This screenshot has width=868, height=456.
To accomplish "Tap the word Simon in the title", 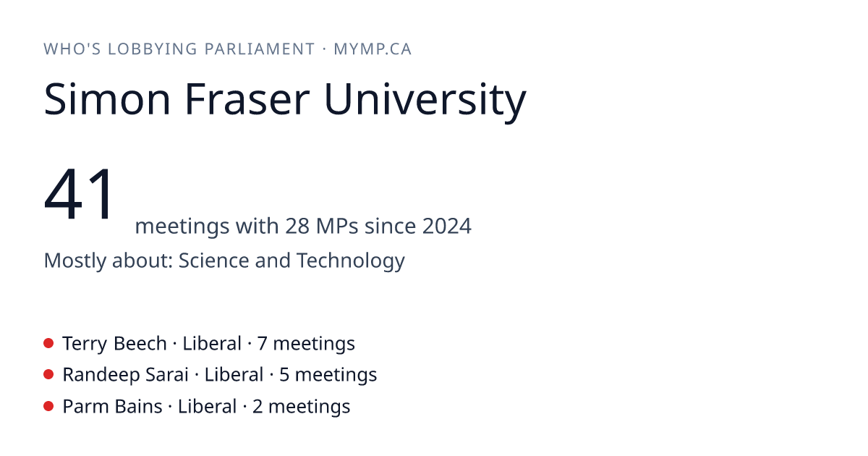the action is point(107,99).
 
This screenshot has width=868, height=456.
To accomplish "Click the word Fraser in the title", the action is point(247,99).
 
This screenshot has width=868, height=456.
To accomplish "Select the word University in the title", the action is point(425,101).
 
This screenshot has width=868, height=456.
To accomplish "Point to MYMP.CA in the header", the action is point(373,49).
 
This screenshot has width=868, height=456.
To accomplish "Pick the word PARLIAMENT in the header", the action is point(260,49).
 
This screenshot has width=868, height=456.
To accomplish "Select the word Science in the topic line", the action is point(213,260).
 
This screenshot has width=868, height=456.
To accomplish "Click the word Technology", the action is point(351,262).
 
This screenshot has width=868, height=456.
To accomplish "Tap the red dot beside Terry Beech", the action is point(48,343).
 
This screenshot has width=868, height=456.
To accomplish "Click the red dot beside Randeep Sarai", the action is point(48,375).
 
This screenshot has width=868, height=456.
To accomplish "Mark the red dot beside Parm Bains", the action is point(48,406).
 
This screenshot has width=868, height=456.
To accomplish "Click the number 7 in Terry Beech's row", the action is point(262,344).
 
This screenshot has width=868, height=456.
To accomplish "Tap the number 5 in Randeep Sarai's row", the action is point(284,375).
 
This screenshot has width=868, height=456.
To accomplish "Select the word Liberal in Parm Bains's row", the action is point(207,406).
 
